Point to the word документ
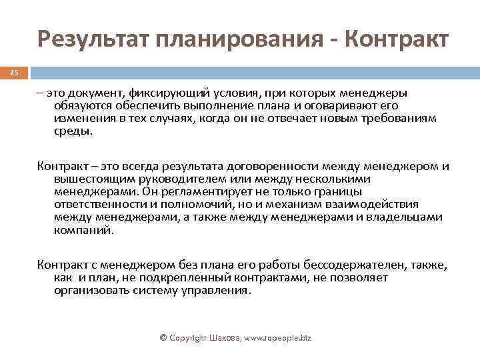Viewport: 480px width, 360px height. click(x=93, y=94)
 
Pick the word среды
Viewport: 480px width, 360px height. click(x=73, y=131)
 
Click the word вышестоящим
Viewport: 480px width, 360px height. click(x=89, y=179)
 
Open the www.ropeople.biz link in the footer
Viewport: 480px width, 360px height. click(x=273, y=338)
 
